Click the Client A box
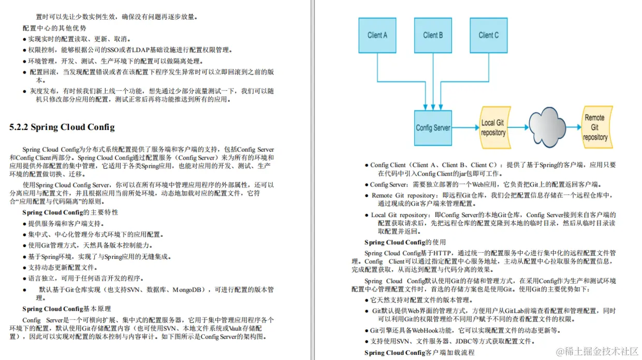[377, 35]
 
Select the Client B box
[433, 35]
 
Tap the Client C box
[489, 35]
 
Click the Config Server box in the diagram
[433, 127]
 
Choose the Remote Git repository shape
[595, 127]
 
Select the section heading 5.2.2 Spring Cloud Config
[62, 127]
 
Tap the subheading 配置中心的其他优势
[54, 28]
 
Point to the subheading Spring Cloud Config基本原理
[66, 309]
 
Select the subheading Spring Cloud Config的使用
[405, 242]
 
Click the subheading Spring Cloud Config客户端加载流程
[419, 353]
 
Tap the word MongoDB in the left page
[189, 290]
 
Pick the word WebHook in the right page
[419, 330]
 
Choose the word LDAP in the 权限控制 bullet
[140, 50]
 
